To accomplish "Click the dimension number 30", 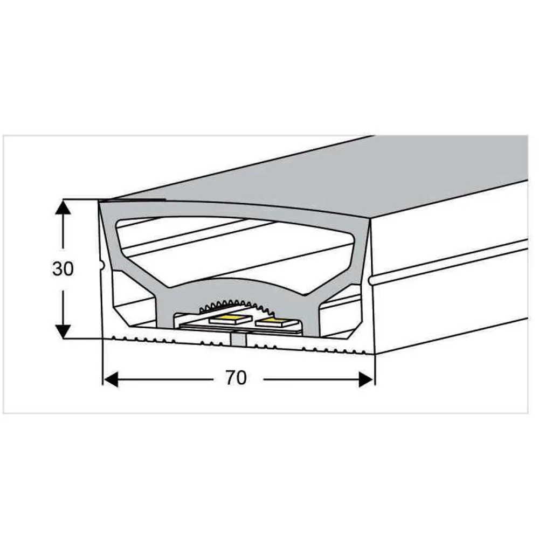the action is click(x=63, y=269).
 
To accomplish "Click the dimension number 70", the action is click(x=236, y=378).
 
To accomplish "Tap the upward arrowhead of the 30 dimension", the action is click(x=63, y=208).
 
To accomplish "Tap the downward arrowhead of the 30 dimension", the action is click(x=63, y=331).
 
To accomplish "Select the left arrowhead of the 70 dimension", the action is click(x=110, y=379).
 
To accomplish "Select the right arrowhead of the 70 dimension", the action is click(x=367, y=379).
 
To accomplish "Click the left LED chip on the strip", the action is click(x=230, y=319).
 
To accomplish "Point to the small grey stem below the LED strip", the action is click(x=238, y=340).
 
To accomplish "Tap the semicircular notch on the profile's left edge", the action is click(x=101, y=265).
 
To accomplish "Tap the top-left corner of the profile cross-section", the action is click(x=99, y=201).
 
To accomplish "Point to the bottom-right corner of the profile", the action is click(x=375, y=354).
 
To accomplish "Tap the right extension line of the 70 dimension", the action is click(x=375, y=370).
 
